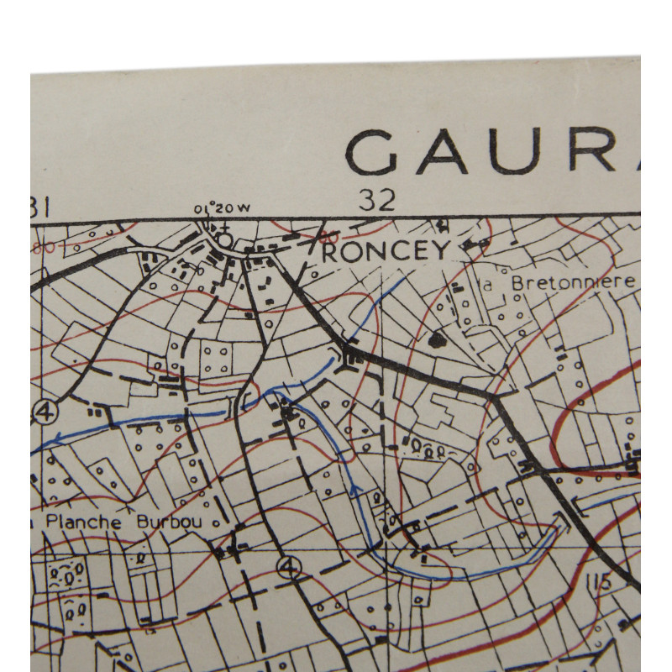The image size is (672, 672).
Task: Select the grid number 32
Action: [x=377, y=200]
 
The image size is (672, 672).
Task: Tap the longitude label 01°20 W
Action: [x=222, y=207]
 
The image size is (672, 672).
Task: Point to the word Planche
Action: [x=81, y=522]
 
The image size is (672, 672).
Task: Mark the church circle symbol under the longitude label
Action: [x=224, y=239]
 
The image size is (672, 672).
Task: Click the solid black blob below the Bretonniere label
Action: [x=436, y=339]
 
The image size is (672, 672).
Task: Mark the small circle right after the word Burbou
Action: [x=215, y=522]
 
